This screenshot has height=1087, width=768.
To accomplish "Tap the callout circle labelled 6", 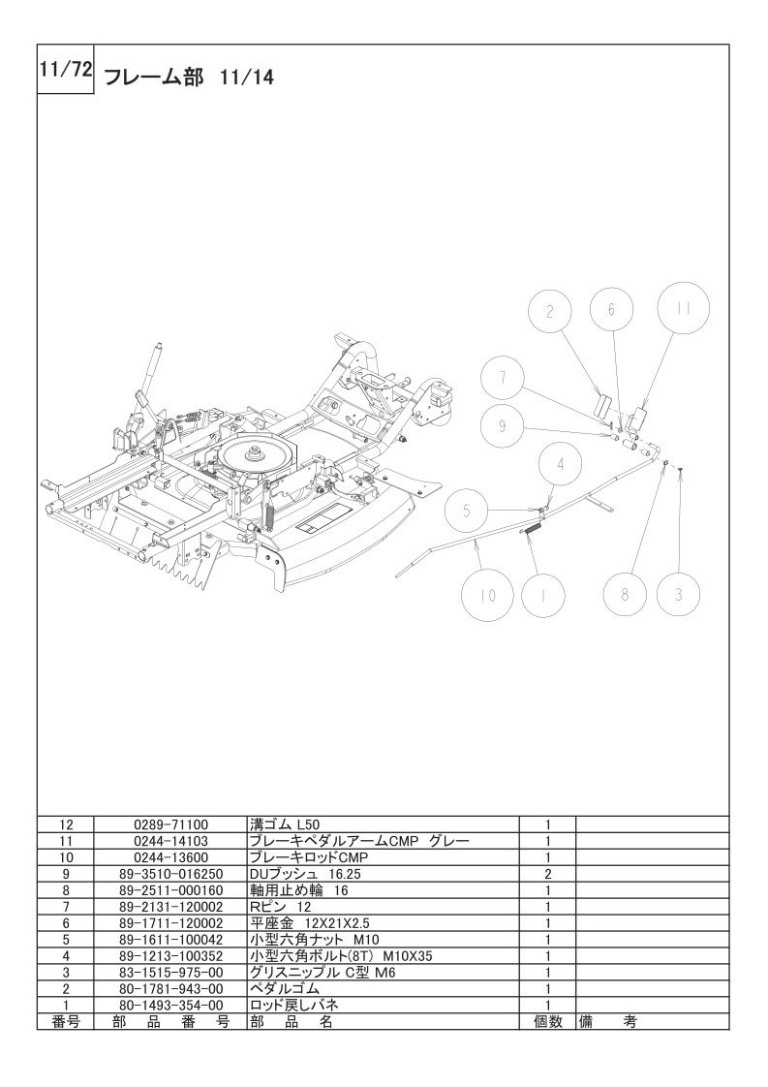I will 612,310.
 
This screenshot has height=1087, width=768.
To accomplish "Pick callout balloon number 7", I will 503,380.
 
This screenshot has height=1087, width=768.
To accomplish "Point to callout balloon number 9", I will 503,424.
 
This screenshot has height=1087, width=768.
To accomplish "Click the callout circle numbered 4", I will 559,464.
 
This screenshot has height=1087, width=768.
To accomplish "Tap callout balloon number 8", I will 625,595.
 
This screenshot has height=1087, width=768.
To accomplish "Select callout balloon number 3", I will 678,595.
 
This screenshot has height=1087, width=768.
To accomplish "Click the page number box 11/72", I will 65,71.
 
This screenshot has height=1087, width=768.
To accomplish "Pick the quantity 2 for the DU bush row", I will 547,874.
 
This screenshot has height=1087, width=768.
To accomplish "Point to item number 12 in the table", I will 66,824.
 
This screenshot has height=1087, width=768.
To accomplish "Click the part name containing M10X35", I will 340,955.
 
